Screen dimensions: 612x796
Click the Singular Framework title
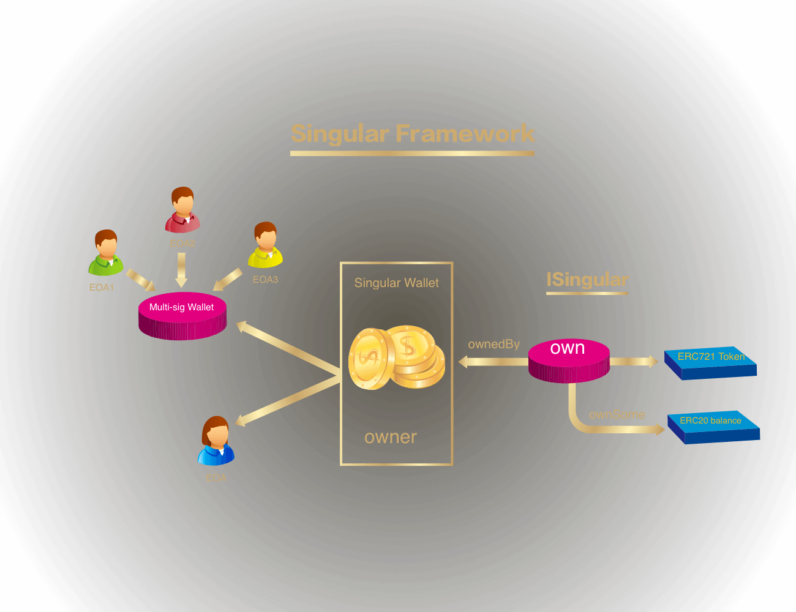click(x=413, y=133)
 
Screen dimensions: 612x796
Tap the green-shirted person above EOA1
click(x=107, y=253)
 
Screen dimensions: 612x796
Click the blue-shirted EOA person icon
click(x=216, y=441)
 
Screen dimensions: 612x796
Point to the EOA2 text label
click(x=182, y=244)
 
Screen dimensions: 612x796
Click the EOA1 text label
click(x=102, y=288)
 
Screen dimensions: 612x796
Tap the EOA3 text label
click(x=265, y=280)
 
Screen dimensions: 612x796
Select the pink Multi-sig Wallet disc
click(x=182, y=315)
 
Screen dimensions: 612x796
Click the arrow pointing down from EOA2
click(x=181, y=270)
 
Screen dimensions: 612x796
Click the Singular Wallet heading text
click(x=396, y=283)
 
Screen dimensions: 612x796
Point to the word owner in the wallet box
click(x=390, y=437)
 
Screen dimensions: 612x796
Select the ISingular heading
click(x=587, y=280)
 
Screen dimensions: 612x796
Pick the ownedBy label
click(x=494, y=345)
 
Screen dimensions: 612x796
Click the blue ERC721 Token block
click(x=711, y=362)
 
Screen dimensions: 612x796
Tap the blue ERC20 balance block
click(x=713, y=426)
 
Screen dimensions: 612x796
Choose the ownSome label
click(x=617, y=415)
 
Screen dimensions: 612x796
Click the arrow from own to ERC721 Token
click(x=634, y=362)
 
